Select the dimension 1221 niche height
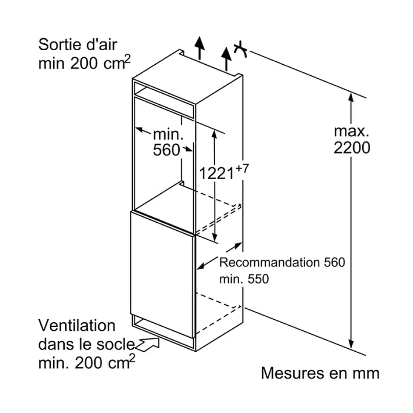tap(217, 173)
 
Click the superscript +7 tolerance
tap(242, 168)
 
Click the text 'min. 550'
tap(244, 279)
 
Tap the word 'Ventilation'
tap(77, 326)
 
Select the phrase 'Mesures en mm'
tap(320, 373)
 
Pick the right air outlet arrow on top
tap(227, 59)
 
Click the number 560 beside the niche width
tap(166, 150)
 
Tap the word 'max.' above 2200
tap(351, 130)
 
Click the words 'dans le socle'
tap(86, 344)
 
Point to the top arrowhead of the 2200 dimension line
tap(351, 98)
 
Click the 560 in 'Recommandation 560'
tap(333, 262)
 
